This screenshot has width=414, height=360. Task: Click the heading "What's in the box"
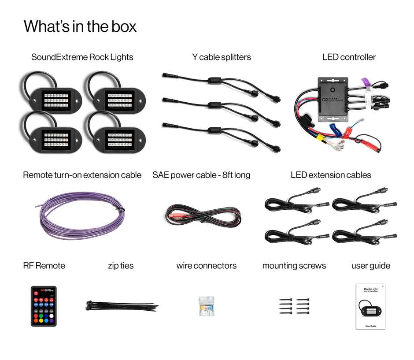[80, 26]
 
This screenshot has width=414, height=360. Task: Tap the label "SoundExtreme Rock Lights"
[82, 57]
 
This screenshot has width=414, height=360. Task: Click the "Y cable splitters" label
[222, 57]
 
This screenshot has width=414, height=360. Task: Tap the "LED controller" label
[349, 57]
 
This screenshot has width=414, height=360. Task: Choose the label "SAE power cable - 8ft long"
[201, 175]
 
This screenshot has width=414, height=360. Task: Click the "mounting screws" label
[294, 266]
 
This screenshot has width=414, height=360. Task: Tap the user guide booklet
[370, 306]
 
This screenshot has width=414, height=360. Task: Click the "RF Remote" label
[44, 266]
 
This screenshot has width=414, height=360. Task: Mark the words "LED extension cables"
[331, 175]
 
